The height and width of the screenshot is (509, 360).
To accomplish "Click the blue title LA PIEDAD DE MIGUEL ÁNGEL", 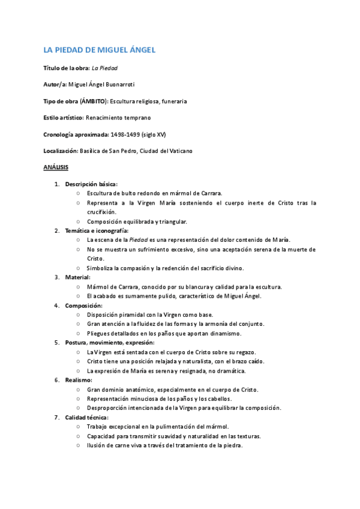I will click(x=100, y=50).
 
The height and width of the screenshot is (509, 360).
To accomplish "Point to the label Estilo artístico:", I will click(x=64, y=118).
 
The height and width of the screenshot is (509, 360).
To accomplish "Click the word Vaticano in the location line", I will click(x=179, y=150).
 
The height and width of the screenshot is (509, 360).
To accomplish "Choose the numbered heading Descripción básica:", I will click(x=91, y=184).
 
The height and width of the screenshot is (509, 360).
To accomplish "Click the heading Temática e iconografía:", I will click(x=97, y=230).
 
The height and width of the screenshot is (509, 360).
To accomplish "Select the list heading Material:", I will click(x=78, y=277).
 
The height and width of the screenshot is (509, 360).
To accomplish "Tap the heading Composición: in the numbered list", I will click(x=84, y=306).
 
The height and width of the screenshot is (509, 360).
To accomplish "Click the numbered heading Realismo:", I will click(x=79, y=380).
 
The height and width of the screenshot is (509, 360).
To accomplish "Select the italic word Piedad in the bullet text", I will click(x=139, y=239).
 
